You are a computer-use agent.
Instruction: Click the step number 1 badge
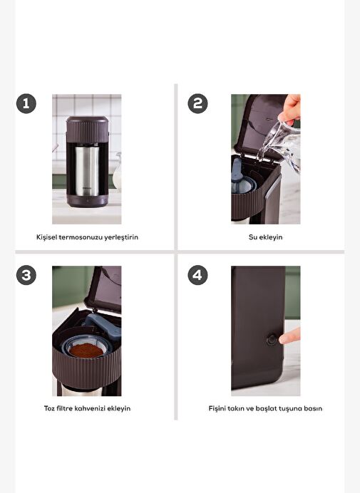pos(26,103)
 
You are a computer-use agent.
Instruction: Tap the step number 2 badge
pos(197,103)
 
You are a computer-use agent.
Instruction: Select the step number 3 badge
pos(26,275)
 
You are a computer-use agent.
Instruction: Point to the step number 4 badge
pos(197,275)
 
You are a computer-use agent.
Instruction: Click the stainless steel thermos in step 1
pos(86,170)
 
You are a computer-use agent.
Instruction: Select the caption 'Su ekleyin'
pos(266,237)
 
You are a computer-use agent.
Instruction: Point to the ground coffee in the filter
pos(86,350)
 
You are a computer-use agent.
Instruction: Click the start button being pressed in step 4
pos(272,340)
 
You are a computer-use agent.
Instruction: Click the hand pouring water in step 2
pos(290,108)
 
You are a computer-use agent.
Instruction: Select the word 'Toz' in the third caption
pos(49,408)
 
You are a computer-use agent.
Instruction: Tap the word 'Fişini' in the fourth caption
pos(217,409)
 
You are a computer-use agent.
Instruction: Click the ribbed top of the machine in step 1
pos(87,130)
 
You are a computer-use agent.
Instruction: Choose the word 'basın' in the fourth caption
pos(314,409)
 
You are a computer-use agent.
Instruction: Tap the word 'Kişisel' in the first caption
pos(46,237)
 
